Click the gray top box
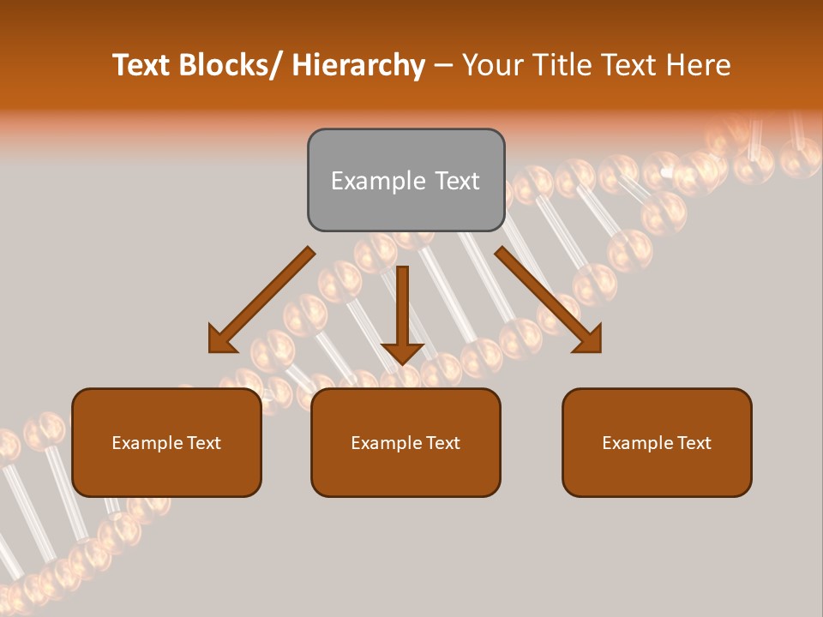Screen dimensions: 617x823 405,180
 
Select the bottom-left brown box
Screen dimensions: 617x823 166,442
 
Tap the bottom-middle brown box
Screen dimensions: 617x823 405,442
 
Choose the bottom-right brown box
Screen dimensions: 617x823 657,442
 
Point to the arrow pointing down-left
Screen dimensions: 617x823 262,300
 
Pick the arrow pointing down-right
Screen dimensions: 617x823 548,300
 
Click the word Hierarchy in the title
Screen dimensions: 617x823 358,65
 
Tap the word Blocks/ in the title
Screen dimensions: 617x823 233,65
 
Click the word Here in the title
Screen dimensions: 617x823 699,65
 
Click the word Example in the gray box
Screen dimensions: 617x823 378,181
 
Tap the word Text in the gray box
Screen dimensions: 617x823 456,181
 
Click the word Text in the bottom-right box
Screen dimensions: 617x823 693,443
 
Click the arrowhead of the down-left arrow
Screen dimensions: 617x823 221,340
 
